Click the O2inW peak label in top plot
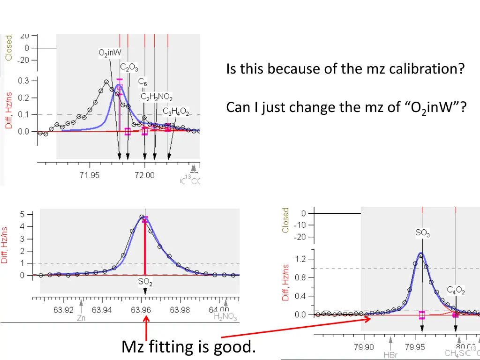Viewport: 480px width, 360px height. point(110,53)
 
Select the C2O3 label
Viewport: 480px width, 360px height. point(129,67)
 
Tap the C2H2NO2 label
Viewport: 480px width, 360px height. point(157,97)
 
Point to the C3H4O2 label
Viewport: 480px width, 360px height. point(176,112)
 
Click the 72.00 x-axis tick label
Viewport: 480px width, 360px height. point(145,175)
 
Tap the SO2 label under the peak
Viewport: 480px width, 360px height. point(145,283)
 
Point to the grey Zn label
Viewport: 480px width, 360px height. point(81,318)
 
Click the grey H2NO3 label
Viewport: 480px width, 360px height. point(225,318)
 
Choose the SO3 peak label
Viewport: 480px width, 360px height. point(422,232)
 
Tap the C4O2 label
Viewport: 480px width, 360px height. point(456,291)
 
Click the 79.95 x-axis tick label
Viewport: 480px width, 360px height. point(415,347)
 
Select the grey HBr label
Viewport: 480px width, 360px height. point(390,355)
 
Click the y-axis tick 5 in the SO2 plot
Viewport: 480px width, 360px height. point(22,214)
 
